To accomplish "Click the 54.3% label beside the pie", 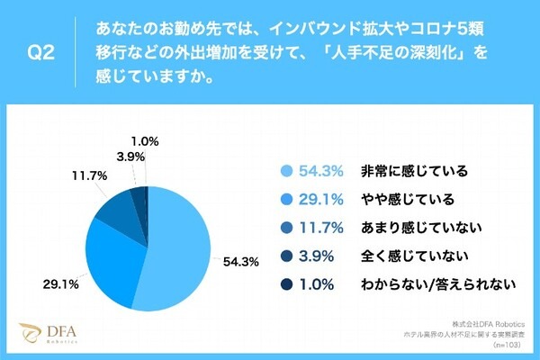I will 241,262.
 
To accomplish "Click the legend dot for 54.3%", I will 286,170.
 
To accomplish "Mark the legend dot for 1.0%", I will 286,285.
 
